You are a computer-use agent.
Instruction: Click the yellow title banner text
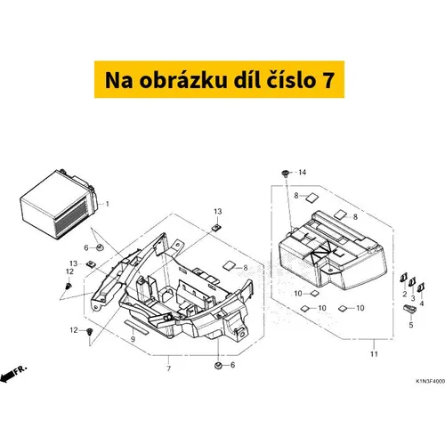(219, 80)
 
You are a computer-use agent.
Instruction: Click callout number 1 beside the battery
(108, 204)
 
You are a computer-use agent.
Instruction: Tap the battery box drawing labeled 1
(59, 204)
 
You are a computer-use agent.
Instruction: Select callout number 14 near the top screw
(303, 173)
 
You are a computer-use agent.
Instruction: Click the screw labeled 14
(286, 174)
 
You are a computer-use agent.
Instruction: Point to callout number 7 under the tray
(169, 368)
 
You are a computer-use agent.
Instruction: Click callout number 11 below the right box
(374, 354)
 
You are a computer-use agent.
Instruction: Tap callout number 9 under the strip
(133, 339)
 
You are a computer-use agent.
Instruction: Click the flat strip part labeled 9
(134, 324)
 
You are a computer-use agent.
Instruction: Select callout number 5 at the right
(411, 325)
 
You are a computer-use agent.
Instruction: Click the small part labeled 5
(409, 309)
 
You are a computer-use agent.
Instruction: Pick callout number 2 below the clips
(405, 295)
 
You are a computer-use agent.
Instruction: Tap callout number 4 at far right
(422, 303)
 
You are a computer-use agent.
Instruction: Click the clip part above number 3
(412, 282)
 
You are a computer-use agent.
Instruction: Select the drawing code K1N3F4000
(430, 381)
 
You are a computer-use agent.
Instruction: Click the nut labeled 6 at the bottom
(218, 366)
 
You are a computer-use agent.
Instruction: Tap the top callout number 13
(218, 212)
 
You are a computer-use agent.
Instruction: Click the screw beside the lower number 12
(89, 331)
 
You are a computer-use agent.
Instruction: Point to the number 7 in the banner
(328, 80)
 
